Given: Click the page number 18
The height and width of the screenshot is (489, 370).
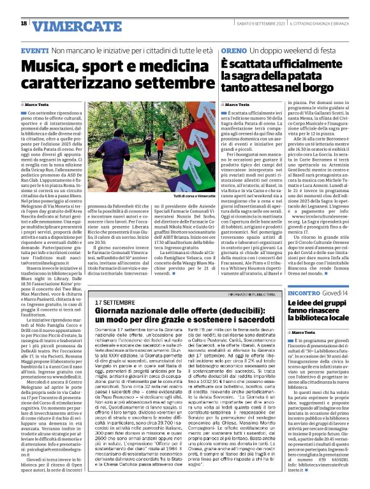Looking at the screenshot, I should tap(23, 24).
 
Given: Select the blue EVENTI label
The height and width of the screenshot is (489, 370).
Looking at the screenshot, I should tap(34, 50).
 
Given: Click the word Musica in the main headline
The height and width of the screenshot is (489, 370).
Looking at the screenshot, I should tap(50, 66).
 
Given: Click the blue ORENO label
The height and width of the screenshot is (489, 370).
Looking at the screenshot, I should tap(235, 50).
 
